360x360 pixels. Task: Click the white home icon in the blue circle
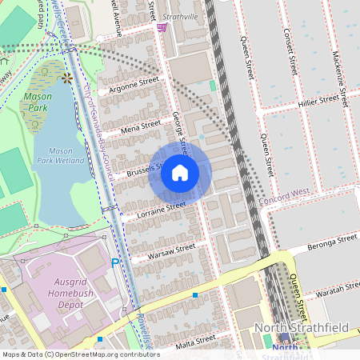coord(180,173)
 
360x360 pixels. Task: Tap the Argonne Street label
coord(134,83)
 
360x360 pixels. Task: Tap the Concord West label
coord(284,194)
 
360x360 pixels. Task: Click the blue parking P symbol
coord(114,262)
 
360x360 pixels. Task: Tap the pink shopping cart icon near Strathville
coord(162,27)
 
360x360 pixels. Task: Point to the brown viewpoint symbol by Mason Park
coord(67,78)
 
